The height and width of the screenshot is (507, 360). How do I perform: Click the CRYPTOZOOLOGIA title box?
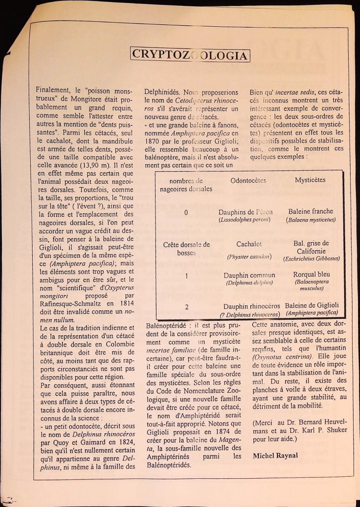190,54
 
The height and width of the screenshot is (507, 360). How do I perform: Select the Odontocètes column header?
248,181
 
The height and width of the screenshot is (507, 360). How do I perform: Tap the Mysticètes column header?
310,180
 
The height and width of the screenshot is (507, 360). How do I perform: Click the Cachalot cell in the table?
249,244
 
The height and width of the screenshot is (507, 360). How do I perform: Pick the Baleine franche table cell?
310,211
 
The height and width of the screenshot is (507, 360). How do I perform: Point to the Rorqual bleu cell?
311,274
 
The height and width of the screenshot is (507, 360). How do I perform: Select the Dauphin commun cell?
249,275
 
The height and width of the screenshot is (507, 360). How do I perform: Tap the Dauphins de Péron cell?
246,212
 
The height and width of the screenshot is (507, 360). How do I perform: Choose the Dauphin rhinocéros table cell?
251,307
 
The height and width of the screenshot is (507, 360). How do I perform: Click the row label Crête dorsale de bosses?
186,249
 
